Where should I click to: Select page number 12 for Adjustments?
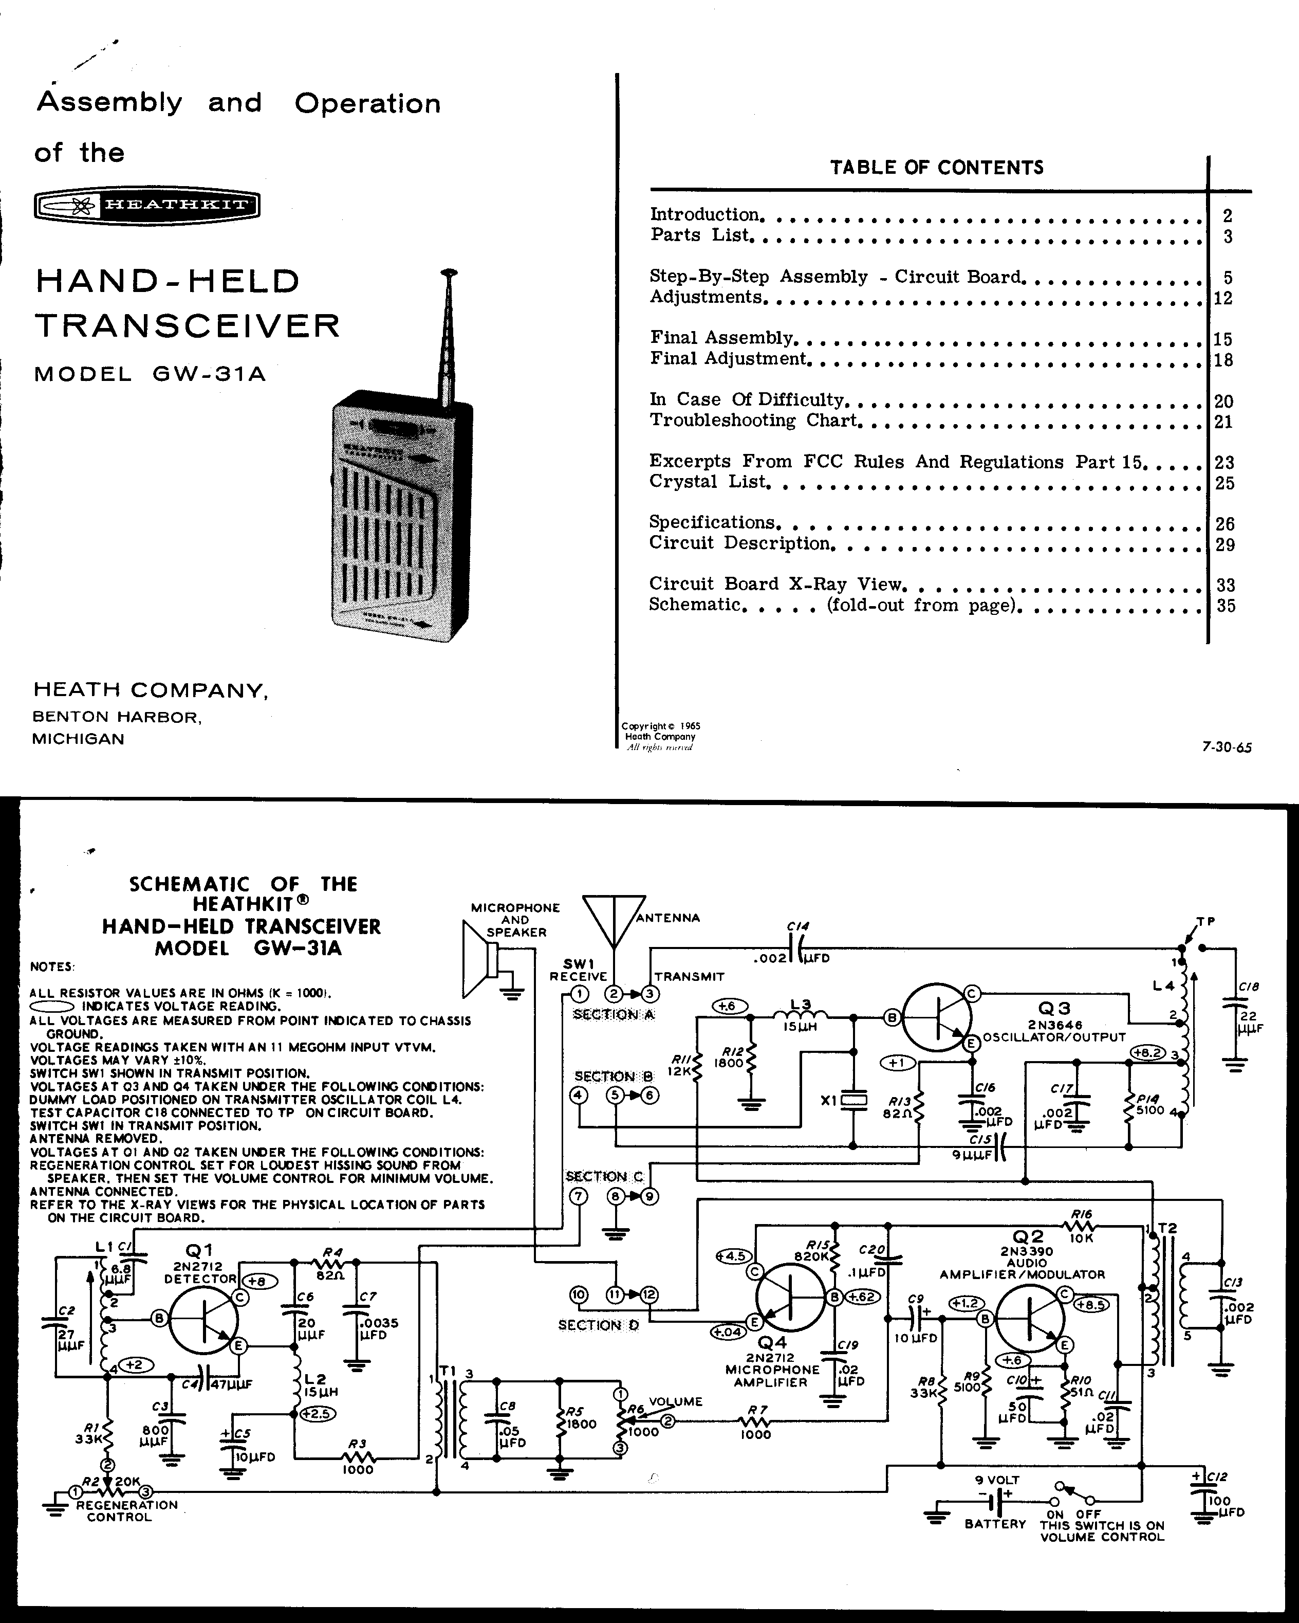1223,298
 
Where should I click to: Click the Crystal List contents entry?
710,482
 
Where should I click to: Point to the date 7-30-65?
1227,747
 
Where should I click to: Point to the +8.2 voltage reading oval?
1148,1052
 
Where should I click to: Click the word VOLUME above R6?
675,1401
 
